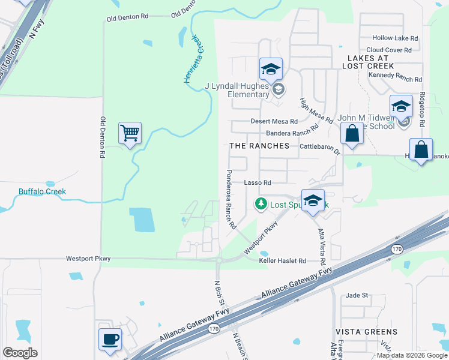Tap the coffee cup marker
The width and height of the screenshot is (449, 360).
(110, 339)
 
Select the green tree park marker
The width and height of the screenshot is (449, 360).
(261, 205)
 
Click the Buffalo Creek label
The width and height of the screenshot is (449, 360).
(42, 192)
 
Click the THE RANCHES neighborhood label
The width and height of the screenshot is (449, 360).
(259, 146)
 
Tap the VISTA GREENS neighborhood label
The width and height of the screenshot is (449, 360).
(366, 331)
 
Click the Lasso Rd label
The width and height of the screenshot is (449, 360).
(258, 182)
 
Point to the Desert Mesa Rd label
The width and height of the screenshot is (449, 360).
(274, 121)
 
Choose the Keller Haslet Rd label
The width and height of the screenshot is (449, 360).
(283, 261)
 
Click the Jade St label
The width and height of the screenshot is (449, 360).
(357, 295)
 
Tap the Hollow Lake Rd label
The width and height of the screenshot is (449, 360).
(395, 38)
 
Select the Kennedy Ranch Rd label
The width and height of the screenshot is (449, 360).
(396, 76)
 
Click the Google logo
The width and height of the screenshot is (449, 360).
(20, 353)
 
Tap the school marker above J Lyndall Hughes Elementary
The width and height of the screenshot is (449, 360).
(271, 69)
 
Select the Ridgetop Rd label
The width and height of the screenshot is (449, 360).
(423, 109)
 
